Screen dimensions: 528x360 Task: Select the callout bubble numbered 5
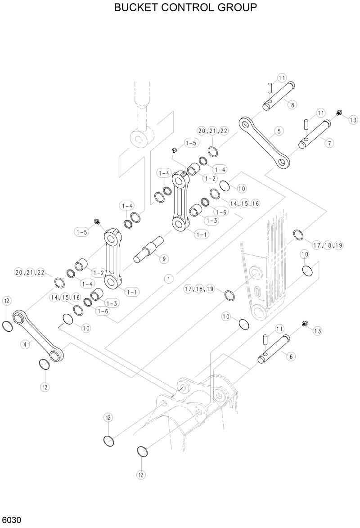pyautogui.click(x=279, y=131)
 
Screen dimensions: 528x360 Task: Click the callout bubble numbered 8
pyautogui.click(x=292, y=105)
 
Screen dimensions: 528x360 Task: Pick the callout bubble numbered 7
pyautogui.click(x=329, y=143)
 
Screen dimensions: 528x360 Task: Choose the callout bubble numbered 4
pyautogui.click(x=25, y=344)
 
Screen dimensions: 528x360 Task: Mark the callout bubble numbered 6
pyautogui.click(x=291, y=356)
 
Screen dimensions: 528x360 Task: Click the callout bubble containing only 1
pyautogui.click(x=169, y=279)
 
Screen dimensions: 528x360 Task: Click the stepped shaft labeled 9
pyautogui.click(x=148, y=250)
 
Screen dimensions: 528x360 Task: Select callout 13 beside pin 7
pyautogui.click(x=352, y=120)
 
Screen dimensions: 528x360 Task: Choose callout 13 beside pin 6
pyautogui.click(x=318, y=331)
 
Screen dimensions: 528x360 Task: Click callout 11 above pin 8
pyautogui.click(x=282, y=78)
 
